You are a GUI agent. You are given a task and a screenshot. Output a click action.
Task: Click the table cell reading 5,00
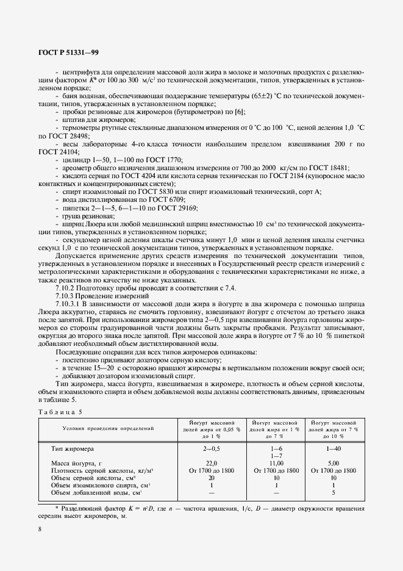click(333, 463)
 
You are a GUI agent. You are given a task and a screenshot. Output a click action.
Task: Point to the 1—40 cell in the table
click(333, 448)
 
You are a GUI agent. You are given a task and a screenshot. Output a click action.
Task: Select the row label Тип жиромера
click(73, 448)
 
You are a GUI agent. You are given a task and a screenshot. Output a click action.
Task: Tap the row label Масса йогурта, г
click(76, 463)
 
